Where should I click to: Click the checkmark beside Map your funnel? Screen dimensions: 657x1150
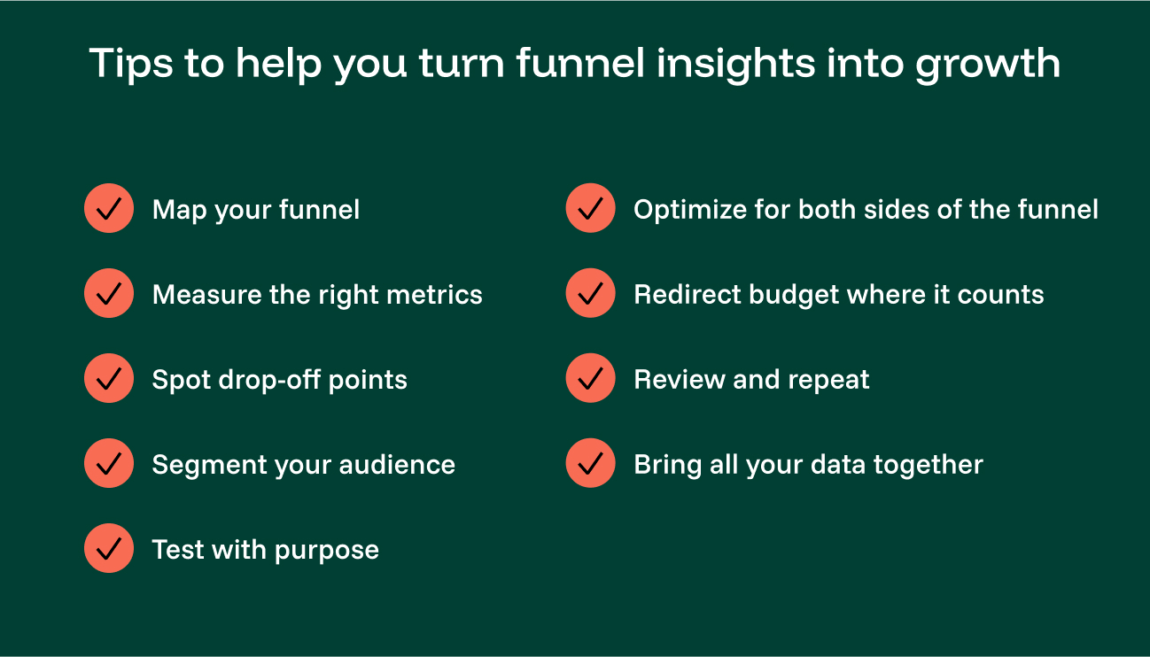(108, 209)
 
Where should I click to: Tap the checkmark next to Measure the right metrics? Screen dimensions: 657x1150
(108, 294)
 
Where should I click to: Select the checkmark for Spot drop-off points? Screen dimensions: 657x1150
(108, 379)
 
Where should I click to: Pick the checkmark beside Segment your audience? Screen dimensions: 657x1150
(108, 464)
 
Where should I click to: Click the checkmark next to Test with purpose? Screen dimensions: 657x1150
(108, 549)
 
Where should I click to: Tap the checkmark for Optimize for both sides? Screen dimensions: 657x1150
(590, 209)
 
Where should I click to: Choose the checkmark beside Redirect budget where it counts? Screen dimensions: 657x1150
(590, 294)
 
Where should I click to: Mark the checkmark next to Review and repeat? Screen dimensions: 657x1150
(590, 379)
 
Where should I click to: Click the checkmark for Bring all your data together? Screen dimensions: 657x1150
(590, 464)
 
